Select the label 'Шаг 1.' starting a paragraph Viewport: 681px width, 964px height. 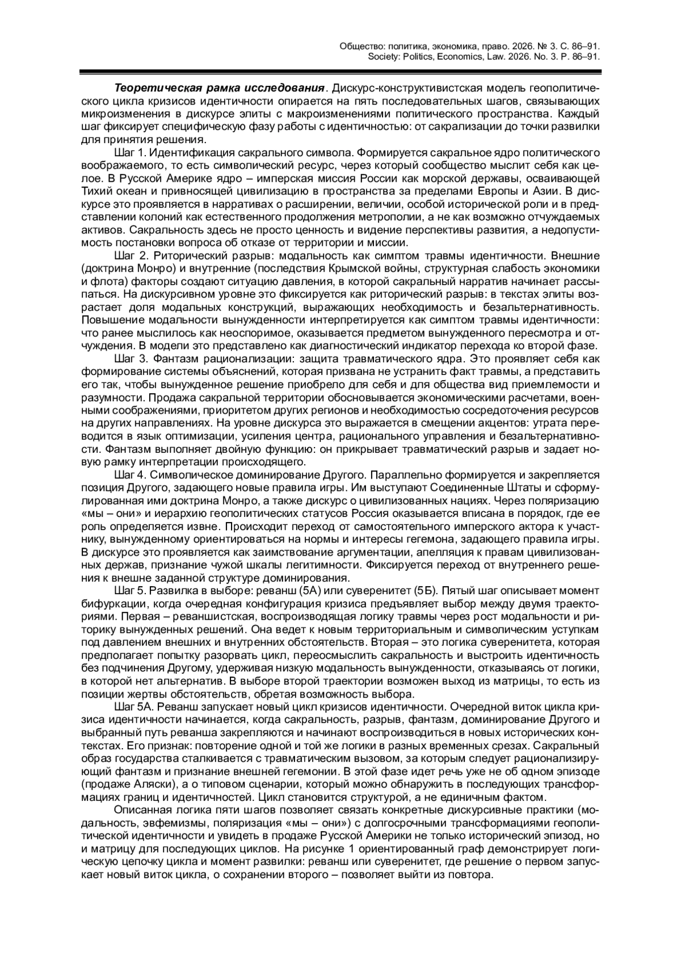pyautogui.click(x=131, y=153)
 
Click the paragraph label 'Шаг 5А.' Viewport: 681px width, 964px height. pyautogui.click(x=134, y=707)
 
